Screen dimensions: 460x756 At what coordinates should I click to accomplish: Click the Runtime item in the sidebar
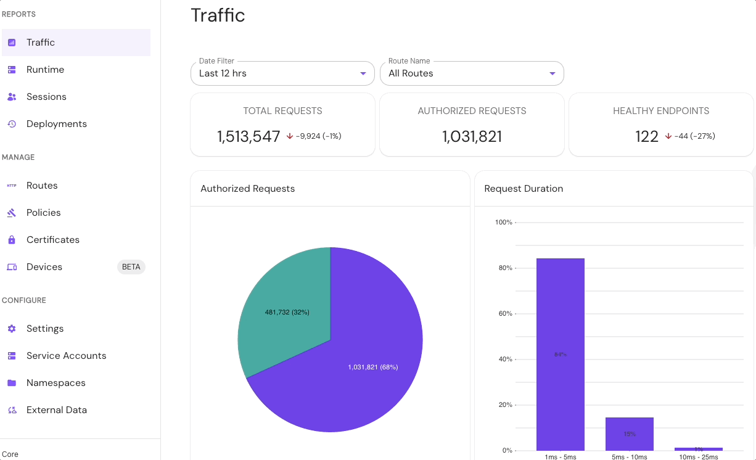coord(45,70)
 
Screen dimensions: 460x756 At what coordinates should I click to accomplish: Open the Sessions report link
coord(46,97)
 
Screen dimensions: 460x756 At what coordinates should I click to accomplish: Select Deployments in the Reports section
coord(56,124)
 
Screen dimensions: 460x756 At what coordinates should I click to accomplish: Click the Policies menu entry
coord(43,213)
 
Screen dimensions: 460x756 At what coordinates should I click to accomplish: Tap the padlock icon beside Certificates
coord(12,240)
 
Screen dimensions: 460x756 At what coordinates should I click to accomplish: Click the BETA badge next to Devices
coord(131,267)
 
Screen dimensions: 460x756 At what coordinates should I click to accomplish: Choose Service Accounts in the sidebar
coord(66,356)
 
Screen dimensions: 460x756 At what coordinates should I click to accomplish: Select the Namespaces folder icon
coord(12,383)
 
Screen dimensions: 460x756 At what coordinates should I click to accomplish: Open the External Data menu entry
coord(56,410)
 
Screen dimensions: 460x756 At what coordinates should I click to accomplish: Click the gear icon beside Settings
coord(12,329)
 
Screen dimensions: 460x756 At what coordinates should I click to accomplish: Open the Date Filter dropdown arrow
coord(363,74)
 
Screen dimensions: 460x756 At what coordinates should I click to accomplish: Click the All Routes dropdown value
coord(411,73)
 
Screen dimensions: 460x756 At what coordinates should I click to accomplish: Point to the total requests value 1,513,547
coord(249,136)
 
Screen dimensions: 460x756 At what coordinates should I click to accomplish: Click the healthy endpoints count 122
coord(647,136)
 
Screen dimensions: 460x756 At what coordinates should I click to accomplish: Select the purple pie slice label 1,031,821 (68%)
coord(373,367)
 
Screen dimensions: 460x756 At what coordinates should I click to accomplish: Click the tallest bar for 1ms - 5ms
coord(560,354)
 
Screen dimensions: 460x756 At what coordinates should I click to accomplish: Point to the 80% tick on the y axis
coord(504,268)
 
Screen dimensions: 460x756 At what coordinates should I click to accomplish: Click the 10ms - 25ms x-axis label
coord(698,457)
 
